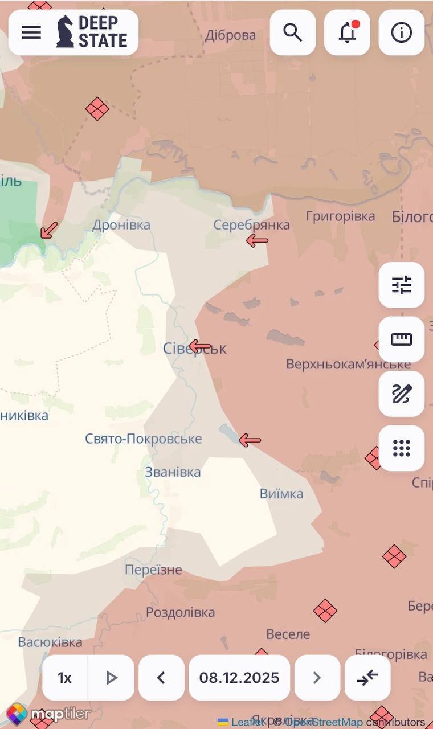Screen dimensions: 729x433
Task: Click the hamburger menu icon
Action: tap(31, 32)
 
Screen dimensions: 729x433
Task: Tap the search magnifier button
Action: tap(293, 32)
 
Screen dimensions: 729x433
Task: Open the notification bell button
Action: tap(347, 32)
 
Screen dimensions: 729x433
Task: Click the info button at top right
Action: tap(402, 32)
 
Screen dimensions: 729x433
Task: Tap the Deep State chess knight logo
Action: tap(65, 32)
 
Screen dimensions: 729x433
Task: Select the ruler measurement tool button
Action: tap(402, 339)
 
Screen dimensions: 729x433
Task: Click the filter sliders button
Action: tap(402, 285)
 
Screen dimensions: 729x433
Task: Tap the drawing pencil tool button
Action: tap(402, 394)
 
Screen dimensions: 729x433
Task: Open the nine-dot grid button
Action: tap(402, 448)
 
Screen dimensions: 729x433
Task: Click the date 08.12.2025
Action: tap(239, 678)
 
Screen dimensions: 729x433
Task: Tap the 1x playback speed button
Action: tap(65, 678)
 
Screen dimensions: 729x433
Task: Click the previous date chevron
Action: tap(161, 678)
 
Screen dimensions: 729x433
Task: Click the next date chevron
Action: tap(317, 678)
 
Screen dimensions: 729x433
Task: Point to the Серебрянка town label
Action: tap(251, 225)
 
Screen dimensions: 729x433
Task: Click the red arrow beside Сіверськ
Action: tap(200, 346)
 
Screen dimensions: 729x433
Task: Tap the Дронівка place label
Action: tap(121, 225)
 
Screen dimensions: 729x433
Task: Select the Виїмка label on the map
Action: tap(281, 494)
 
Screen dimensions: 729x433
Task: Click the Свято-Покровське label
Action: tap(144, 439)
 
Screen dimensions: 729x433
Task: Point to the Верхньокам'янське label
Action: tap(348, 364)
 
